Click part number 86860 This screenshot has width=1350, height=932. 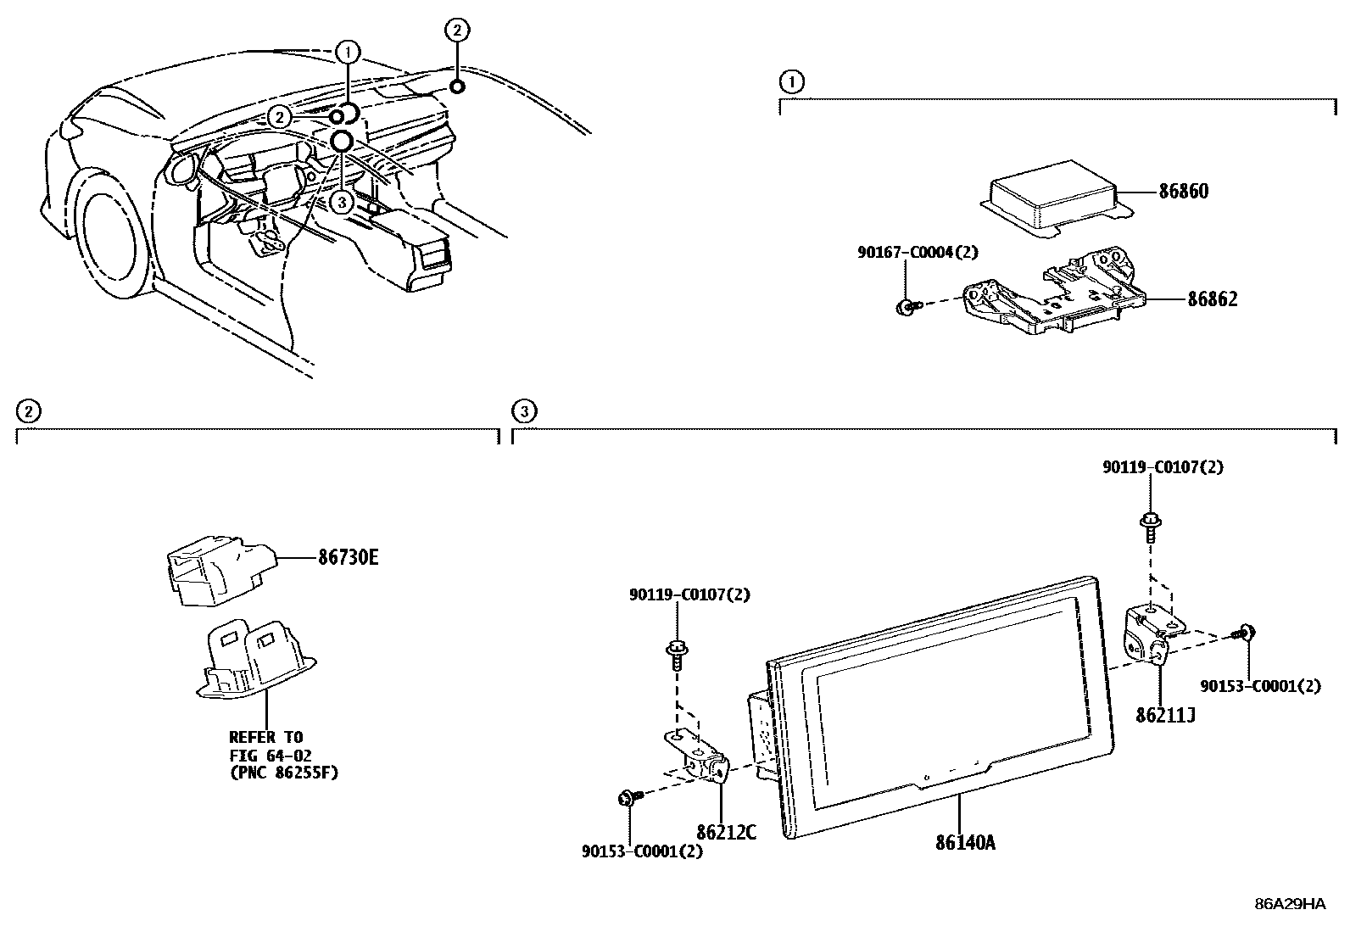[x=1184, y=192]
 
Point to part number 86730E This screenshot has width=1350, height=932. [x=349, y=558]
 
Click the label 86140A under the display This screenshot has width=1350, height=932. [x=966, y=843]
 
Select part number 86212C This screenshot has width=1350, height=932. [x=726, y=832]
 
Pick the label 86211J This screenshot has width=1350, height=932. [x=1165, y=716]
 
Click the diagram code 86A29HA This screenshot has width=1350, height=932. [x=1290, y=904]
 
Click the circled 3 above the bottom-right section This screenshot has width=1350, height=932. [x=525, y=412]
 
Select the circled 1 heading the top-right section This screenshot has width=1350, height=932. [x=790, y=82]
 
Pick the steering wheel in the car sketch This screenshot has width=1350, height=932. [x=279, y=181]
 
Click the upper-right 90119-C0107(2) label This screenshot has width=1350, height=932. [x=1163, y=467]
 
